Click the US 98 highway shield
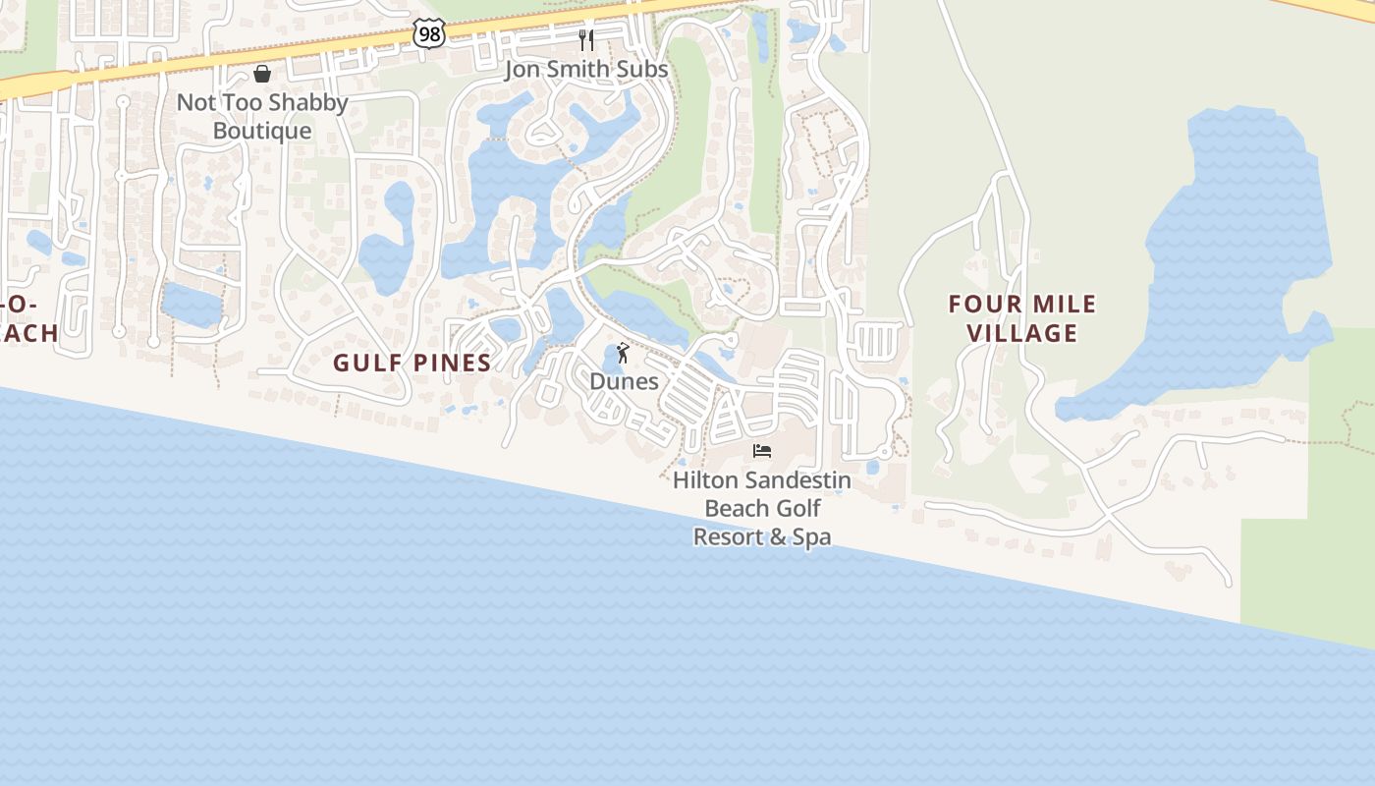(429, 34)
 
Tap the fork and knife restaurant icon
(586, 40)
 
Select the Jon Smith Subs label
(586, 69)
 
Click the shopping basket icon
(262, 74)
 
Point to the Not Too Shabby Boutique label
(262, 116)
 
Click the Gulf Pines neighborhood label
(412, 363)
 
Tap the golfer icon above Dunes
(623, 353)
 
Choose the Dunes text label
(624, 381)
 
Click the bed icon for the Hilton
(762, 451)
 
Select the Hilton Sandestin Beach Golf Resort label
(762, 508)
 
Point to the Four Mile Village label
(1022, 318)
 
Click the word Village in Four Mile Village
(1022, 333)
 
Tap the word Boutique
(262, 131)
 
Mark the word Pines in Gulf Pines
(452, 363)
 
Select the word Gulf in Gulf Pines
(363, 363)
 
